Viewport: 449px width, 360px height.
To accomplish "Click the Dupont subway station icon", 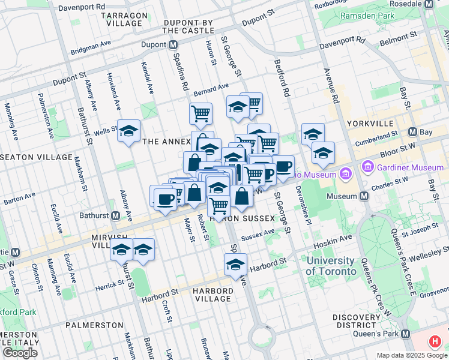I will click(x=173, y=45).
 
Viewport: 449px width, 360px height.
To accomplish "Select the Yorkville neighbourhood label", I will click(x=368, y=123).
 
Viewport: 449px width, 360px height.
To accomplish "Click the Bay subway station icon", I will click(x=413, y=132).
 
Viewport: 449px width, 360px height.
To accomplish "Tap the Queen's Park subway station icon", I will click(x=406, y=334).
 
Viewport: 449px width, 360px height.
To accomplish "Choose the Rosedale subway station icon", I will click(x=429, y=4).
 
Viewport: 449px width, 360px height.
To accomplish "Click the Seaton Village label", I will click(x=36, y=157).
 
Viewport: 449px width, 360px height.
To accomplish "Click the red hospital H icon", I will click(x=436, y=342).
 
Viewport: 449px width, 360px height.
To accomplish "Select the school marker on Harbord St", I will click(x=236, y=263).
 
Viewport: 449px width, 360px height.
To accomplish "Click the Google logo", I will click(x=20, y=353).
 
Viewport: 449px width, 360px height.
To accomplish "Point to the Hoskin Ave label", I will click(x=338, y=238).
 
